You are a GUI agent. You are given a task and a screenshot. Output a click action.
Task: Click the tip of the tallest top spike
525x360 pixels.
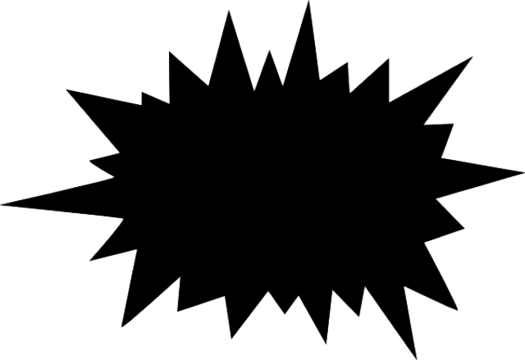pyautogui.click(x=308, y=2)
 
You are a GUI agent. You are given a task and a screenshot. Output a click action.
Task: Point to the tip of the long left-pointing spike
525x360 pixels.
pyautogui.click(x=2, y=203)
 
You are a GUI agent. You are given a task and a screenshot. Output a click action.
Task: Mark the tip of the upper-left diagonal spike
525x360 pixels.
pyautogui.click(x=67, y=89)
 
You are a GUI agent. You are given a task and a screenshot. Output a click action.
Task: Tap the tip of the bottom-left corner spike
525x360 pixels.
pyautogui.click(x=124, y=325)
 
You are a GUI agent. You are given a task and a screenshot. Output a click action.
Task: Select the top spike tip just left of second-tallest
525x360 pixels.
pyautogui.click(x=170, y=52)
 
